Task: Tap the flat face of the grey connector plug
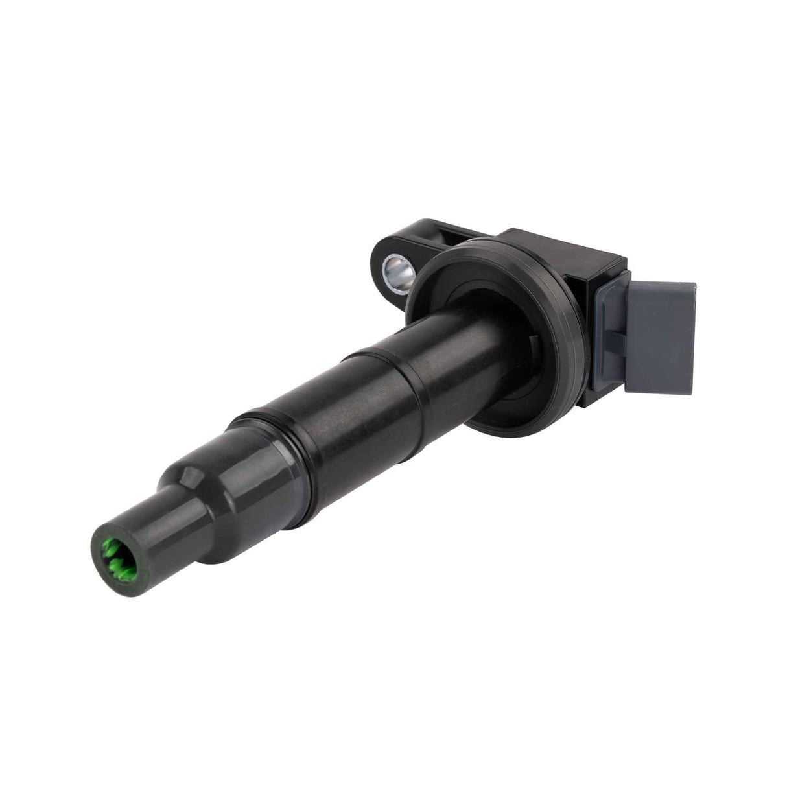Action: (x=661, y=337)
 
